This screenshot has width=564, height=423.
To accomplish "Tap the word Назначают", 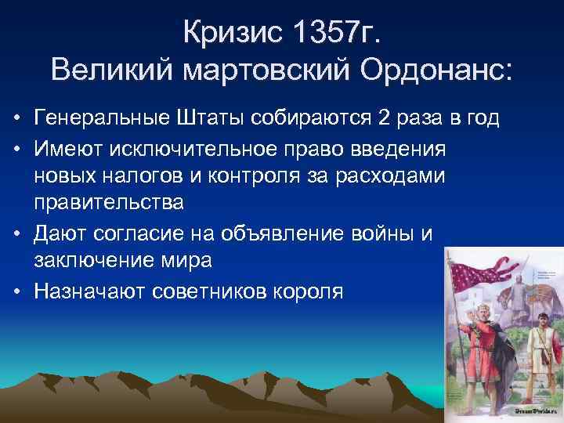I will (85, 289).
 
